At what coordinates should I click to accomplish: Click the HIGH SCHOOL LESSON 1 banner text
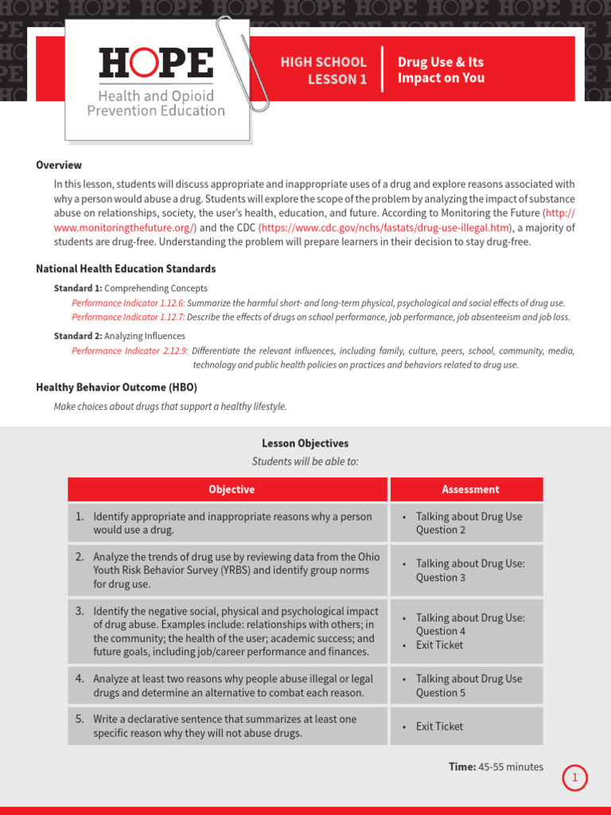pos(323,70)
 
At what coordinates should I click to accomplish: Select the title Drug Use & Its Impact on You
pos(441,70)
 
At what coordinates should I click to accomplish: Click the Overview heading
pos(59,166)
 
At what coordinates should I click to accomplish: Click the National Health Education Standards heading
pos(126,269)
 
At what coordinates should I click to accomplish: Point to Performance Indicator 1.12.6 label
pos(128,303)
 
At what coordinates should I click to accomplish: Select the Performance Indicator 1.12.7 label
pos(128,317)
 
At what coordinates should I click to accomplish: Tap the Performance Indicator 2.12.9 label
pos(130,351)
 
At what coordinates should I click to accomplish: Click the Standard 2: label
pos(78,336)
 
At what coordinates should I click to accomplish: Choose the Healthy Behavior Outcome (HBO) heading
pos(116,388)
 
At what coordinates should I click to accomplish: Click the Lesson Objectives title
pos(305,443)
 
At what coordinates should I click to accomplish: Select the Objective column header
pos(232,489)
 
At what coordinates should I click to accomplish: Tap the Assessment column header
pos(471,489)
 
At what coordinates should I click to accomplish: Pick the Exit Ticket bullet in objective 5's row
pos(439,727)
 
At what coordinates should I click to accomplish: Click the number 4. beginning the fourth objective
pos(80,679)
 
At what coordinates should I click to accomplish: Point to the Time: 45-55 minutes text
pos(496,766)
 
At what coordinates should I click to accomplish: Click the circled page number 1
pos(574,778)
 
